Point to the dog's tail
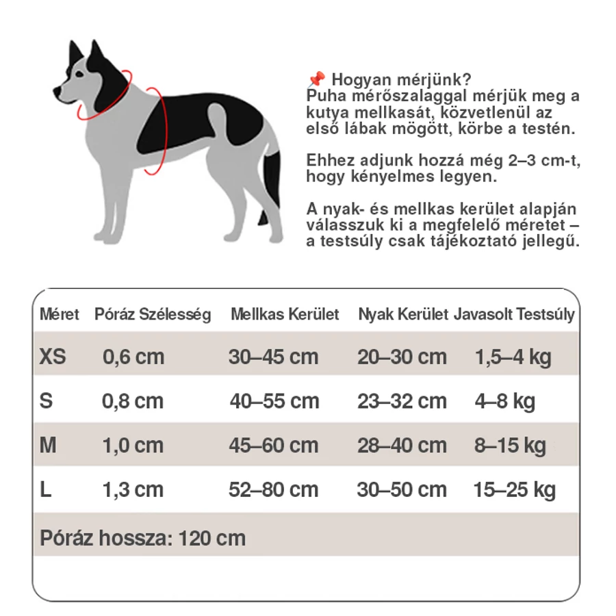271,185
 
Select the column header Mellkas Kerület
285,315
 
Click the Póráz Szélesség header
153,315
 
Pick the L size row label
46,489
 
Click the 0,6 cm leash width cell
133,357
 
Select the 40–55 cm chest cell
274,401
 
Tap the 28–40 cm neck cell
402,446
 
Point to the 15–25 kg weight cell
514,489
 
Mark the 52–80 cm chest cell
274,489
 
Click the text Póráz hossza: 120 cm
142,538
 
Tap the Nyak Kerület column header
403,315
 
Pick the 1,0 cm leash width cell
133,446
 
